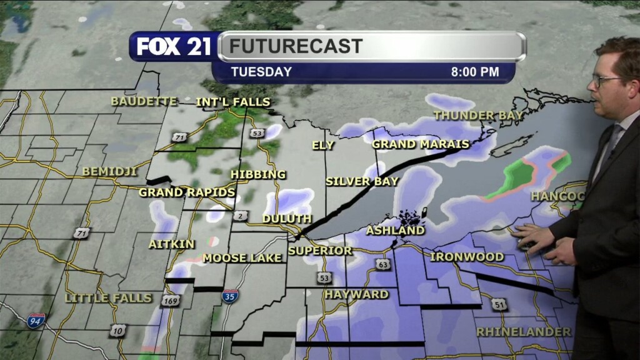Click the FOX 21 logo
[174, 47]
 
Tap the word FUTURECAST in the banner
[296, 46]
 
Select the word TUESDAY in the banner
[261, 72]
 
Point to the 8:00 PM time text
[475, 72]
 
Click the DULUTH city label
[287, 219]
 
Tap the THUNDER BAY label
[478, 116]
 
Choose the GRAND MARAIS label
[421, 144]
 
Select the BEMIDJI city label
[109, 171]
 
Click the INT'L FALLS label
[233, 102]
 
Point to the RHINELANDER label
[524, 331]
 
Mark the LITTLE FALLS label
[109, 298]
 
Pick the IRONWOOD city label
[467, 257]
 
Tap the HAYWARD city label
[356, 294]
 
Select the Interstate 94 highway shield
[36, 321]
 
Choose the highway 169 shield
[169, 301]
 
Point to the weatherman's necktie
[611, 141]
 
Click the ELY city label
[323, 145]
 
